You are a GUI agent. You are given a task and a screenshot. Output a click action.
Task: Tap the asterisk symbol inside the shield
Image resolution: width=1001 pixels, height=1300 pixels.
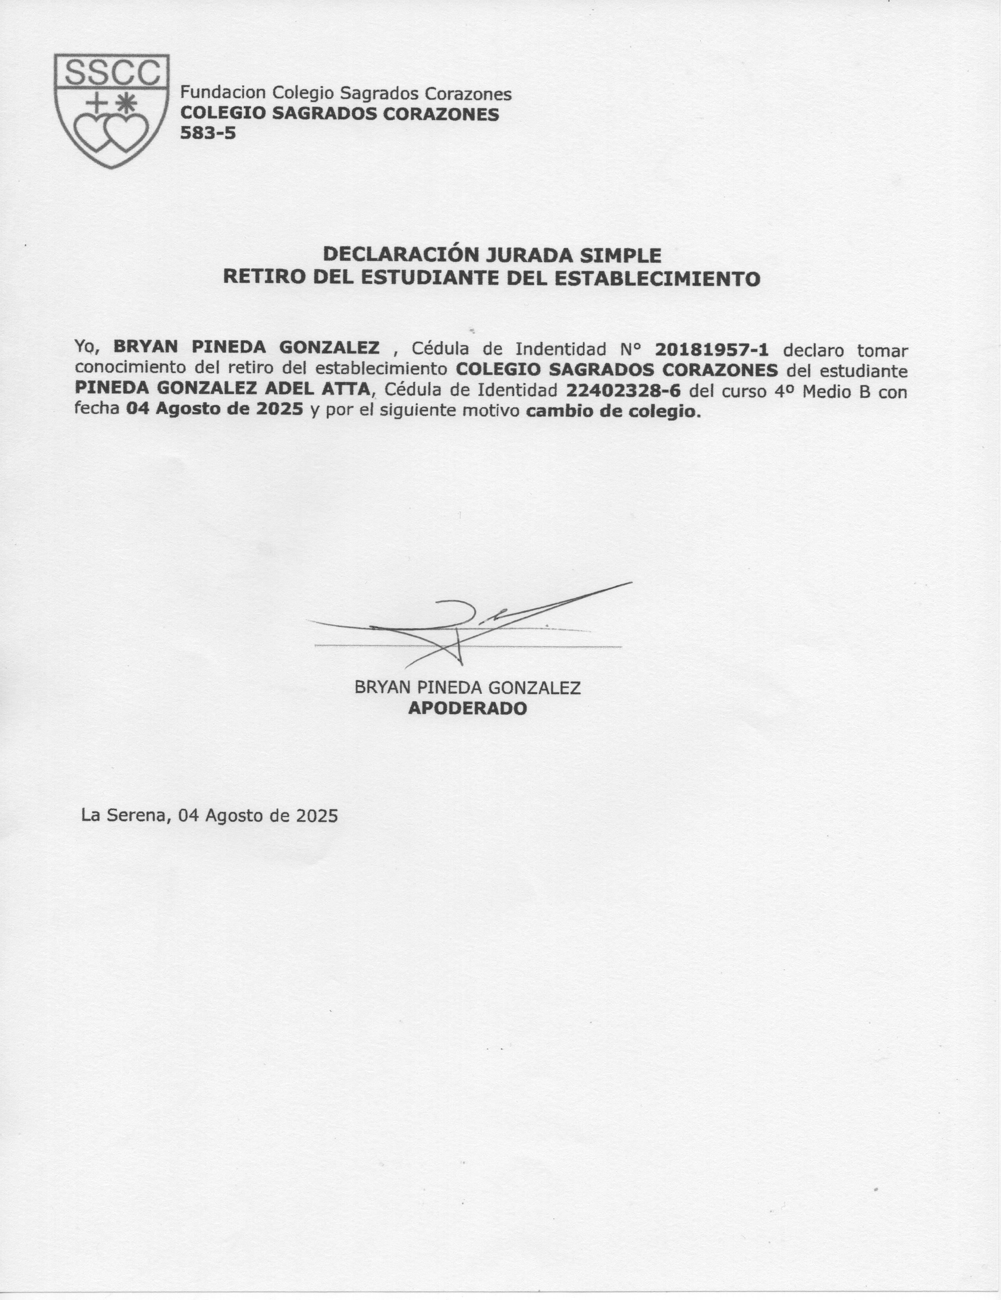click(126, 103)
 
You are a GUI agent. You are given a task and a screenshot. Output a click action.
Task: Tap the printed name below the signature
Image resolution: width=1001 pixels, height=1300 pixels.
click(467, 688)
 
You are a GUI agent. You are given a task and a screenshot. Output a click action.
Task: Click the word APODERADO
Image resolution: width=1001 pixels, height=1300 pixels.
click(467, 708)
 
